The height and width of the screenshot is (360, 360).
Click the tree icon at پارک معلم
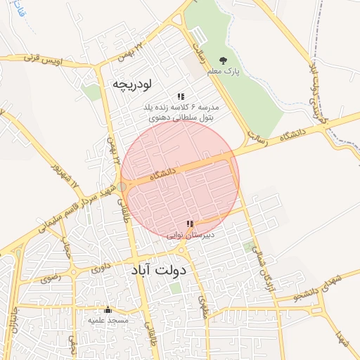tap(224, 60)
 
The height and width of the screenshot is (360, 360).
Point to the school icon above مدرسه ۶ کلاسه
tap(181, 96)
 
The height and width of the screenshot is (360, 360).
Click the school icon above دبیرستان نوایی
tap(189, 224)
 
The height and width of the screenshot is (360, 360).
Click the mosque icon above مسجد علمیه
tap(108, 309)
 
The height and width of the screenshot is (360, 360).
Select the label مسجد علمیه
tap(108, 321)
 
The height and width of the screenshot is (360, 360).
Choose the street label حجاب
tap(67, 245)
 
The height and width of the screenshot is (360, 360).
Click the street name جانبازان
tap(12, 327)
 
